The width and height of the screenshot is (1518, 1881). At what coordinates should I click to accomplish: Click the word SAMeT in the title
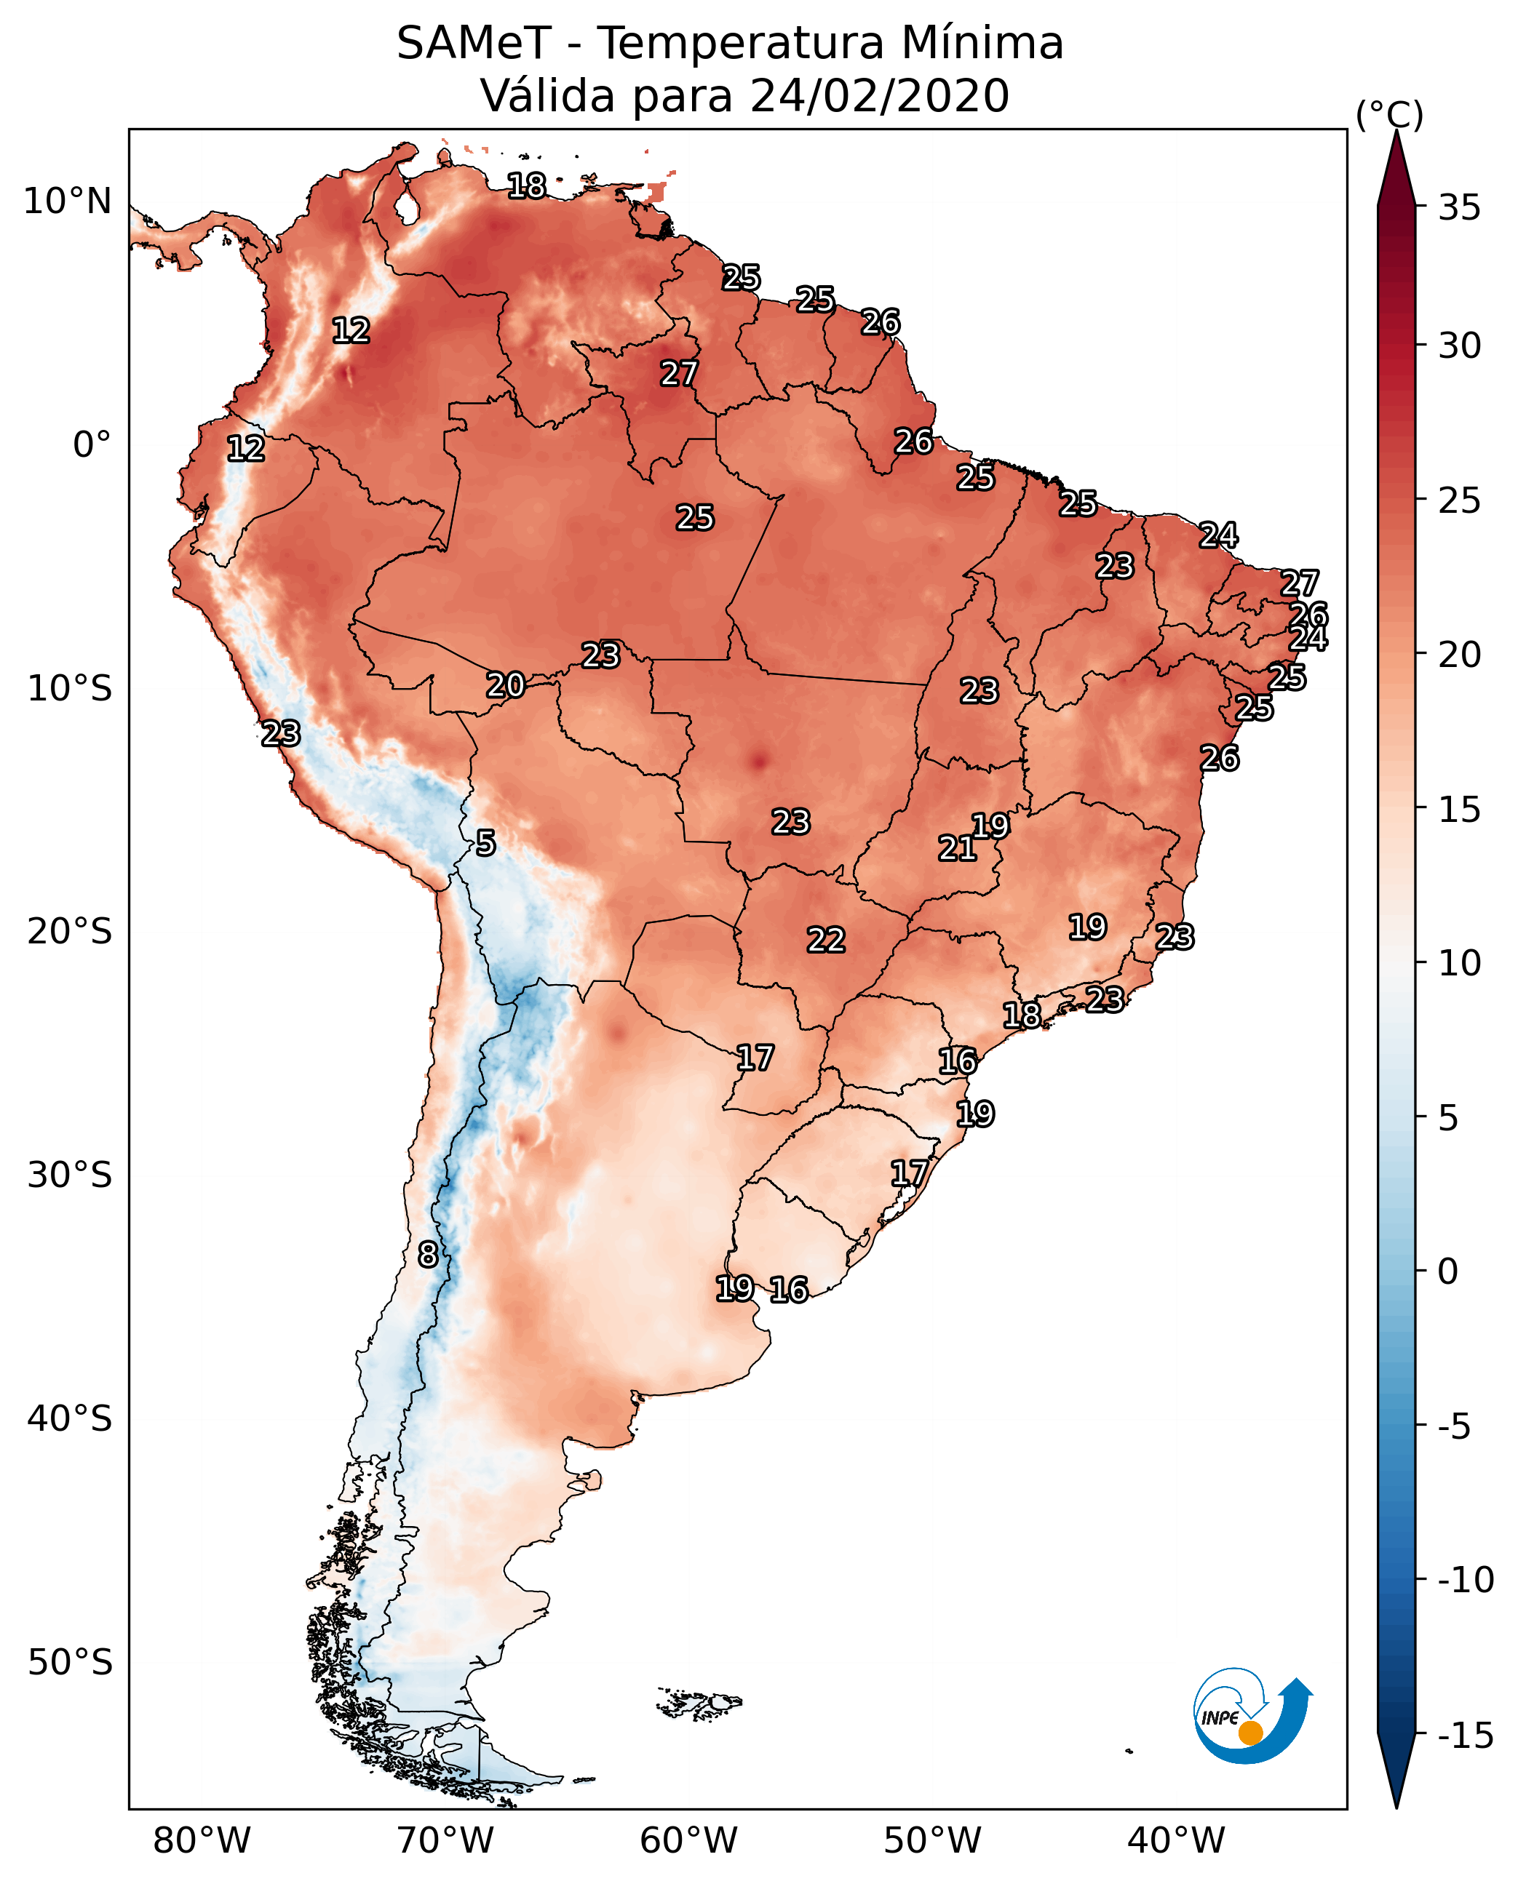click(474, 44)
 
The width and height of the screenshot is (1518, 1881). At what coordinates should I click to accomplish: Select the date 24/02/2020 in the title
click(879, 96)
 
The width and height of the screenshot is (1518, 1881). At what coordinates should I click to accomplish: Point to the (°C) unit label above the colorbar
click(1388, 116)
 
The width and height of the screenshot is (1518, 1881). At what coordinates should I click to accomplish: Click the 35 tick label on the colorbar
click(1459, 208)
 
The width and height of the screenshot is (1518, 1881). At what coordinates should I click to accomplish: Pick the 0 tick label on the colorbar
click(1448, 1271)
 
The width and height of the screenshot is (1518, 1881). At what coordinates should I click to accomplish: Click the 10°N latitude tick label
click(68, 202)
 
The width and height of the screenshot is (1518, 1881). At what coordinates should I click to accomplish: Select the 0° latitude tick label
click(92, 445)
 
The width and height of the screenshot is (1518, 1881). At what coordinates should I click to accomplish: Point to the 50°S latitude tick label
click(70, 1661)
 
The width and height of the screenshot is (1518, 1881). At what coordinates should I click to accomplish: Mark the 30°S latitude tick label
click(70, 1175)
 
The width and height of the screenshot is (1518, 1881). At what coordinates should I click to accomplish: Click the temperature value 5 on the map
click(485, 844)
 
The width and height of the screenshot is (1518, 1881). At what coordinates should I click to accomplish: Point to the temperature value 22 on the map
click(825, 940)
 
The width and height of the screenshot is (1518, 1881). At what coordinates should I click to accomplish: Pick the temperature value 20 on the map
click(506, 685)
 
